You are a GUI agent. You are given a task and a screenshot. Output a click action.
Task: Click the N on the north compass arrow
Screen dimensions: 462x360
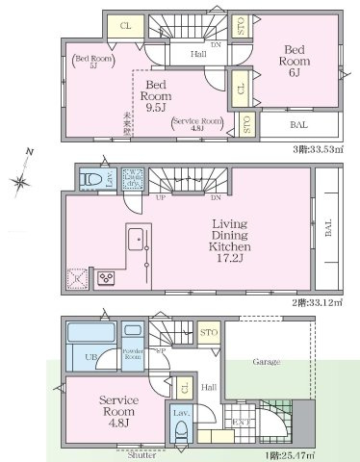30,152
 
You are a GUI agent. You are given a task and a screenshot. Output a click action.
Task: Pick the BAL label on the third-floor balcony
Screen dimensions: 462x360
298,125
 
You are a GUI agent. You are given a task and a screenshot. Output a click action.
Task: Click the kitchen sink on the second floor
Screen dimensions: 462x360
135,237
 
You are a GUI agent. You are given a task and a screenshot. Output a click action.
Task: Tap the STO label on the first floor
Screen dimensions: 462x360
207,334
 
